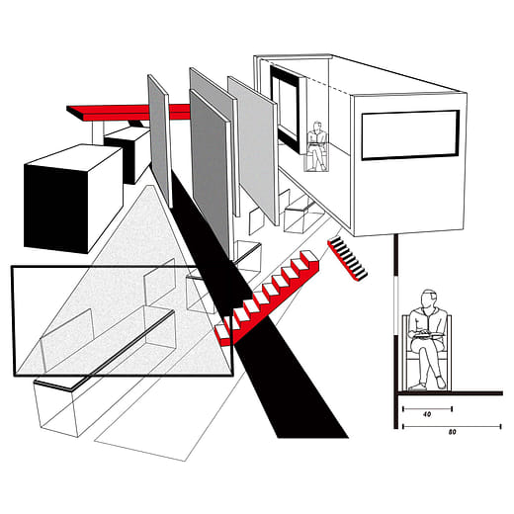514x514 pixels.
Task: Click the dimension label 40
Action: click(x=427, y=414)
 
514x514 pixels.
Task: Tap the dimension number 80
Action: click(x=453, y=432)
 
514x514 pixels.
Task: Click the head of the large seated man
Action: click(x=429, y=299)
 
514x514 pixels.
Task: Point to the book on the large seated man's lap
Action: click(x=427, y=336)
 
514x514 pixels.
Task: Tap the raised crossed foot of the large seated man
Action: click(x=441, y=383)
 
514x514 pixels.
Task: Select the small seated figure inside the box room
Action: click(x=317, y=145)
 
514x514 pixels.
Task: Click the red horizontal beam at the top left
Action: click(x=128, y=112)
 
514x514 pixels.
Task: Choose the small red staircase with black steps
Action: click(x=347, y=259)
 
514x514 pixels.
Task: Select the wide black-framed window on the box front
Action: click(x=410, y=135)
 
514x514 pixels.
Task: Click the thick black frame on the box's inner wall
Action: click(x=286, y=109)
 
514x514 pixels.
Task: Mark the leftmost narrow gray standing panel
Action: click(x=160, y=141)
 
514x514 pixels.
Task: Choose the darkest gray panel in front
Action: click(x=210, y=171)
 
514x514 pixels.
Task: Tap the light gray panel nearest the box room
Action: click(x=253, y=150)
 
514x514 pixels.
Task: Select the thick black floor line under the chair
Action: click(x=451, y=393)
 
